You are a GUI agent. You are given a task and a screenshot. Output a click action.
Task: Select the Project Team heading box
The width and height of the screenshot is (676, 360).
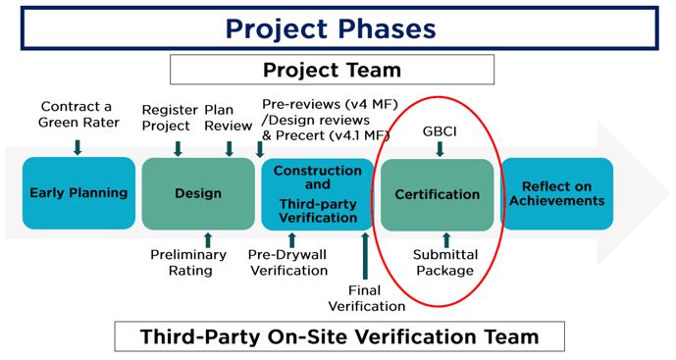(x=332, y=71)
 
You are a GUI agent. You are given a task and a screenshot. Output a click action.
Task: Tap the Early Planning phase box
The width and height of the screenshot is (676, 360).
(x=78, y=193)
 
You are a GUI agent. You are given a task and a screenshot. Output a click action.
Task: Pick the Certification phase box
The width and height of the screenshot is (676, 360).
(x=437, y=194)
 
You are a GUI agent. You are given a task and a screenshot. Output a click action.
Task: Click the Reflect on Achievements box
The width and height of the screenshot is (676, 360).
(x=557, y=193)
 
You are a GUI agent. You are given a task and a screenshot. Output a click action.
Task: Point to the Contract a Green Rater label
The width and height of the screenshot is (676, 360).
(x=78, y=114)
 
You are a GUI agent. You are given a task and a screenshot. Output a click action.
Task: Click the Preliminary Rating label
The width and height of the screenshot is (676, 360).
(x=188, y=262)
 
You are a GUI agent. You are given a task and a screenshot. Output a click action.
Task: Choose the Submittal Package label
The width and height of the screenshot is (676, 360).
(x=443, y=262)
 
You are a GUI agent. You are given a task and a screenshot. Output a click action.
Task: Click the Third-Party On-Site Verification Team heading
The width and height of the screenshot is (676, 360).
(x=339, y=336)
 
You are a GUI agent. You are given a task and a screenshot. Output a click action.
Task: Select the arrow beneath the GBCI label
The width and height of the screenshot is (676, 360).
(x=439, y=148)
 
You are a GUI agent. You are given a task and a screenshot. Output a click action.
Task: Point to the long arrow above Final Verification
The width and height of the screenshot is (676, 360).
(x=364, y=252)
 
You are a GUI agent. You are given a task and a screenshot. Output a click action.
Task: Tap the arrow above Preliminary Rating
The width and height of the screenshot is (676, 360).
(x=207, y=238)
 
